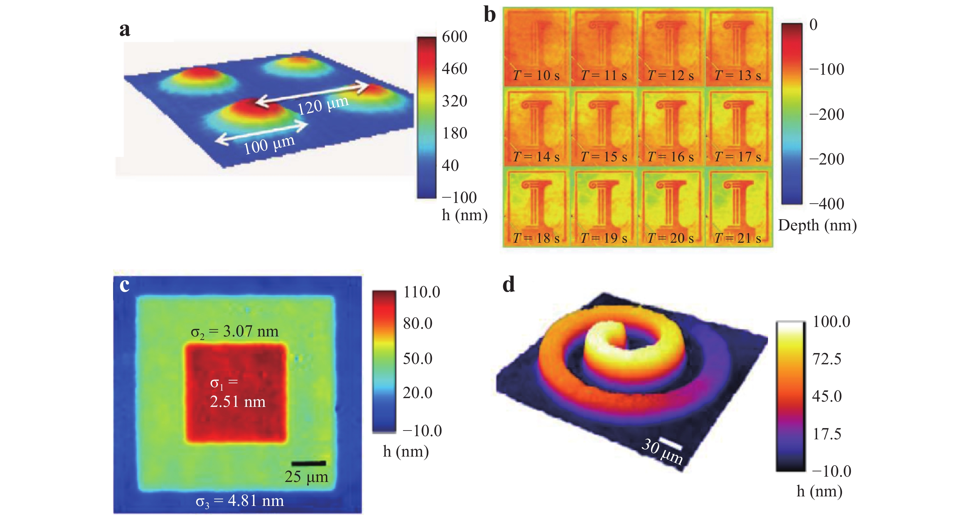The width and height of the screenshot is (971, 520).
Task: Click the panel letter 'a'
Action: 125,29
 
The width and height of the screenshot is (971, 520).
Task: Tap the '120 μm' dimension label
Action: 323,105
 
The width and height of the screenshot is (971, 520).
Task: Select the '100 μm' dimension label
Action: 269,144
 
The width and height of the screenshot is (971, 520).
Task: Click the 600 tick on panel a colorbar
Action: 454,37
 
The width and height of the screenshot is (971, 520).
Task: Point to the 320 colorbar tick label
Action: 454,101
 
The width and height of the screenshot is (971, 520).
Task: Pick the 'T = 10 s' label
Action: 536,75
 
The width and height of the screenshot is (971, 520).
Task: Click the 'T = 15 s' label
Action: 604,156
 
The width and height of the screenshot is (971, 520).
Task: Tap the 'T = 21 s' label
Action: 738,238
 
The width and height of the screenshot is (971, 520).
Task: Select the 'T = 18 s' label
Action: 536,238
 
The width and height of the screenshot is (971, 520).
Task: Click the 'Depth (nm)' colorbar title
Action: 817,225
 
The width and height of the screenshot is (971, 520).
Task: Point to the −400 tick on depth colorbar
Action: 827,204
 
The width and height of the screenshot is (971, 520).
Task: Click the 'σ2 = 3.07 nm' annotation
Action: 234,332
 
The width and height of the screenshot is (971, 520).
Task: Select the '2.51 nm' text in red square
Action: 237,402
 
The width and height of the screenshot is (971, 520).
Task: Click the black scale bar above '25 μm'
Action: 308,463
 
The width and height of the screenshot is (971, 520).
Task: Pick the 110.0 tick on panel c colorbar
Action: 421,292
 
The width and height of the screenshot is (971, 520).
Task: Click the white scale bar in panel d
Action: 670,444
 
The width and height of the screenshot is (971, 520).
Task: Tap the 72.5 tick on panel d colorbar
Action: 827,359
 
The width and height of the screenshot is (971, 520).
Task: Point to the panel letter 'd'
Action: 508,285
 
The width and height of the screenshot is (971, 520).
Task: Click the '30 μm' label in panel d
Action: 662,451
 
